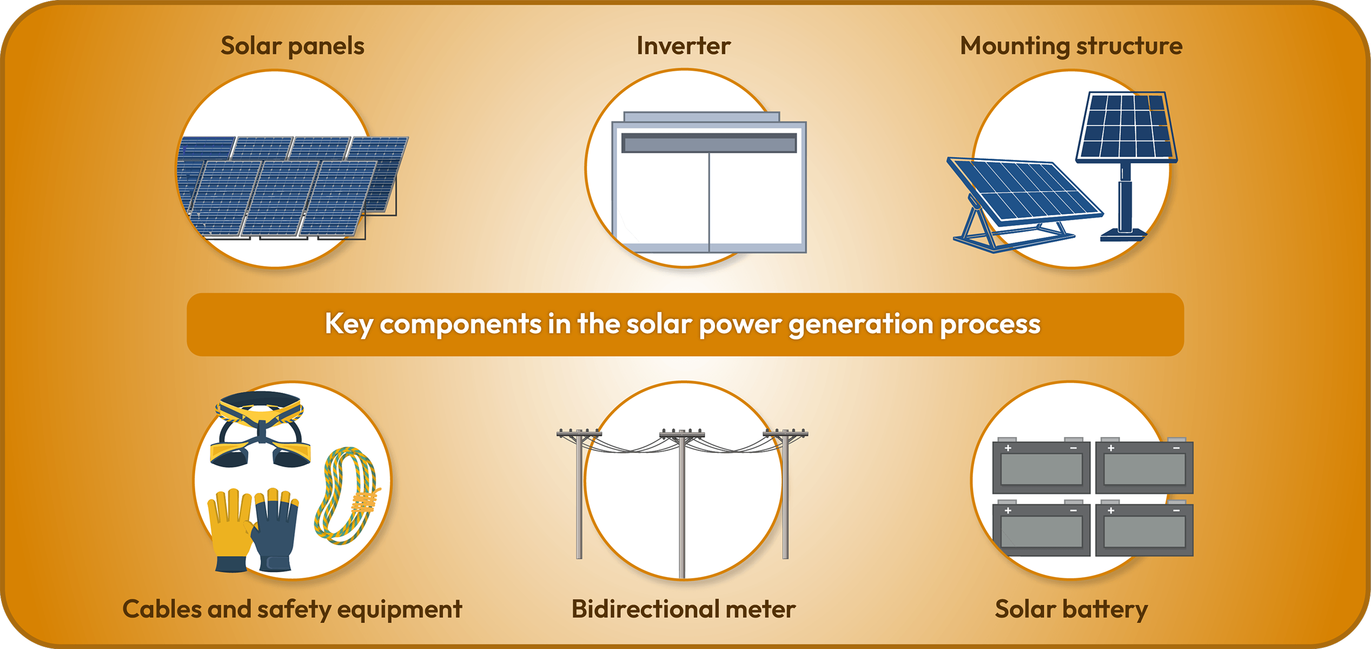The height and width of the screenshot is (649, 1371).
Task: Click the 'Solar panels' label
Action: click(292, 46)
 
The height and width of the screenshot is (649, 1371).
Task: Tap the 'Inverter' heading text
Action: click(684, 46)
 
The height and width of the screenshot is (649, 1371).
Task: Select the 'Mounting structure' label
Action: click(1071, 46)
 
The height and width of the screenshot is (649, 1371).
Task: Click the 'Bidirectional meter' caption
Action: click(684, 609)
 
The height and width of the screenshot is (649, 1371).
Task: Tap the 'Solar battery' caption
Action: click(1071, 609)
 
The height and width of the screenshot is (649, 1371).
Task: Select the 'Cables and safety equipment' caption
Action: click(292, 609)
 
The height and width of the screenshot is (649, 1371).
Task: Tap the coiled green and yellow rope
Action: click(346, 495)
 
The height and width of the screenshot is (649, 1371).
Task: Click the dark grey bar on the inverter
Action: click(708, 143)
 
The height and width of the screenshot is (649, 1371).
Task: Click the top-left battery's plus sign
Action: click(1008, 448)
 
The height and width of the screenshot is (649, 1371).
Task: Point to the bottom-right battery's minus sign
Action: click(1176, 511)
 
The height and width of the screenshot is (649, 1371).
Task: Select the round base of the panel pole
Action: click(1124, 235)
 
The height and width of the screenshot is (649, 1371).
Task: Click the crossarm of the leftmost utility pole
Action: click(579, 433)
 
